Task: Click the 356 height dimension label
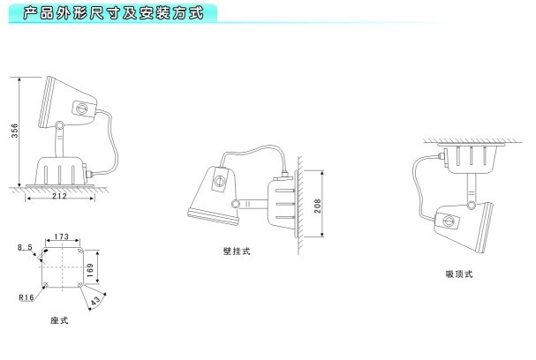coord(15,131)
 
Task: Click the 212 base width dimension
coord(59,195)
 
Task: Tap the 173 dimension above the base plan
coord(62,236)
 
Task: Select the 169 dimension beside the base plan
coord(90,270)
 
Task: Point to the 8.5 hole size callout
coord(25,247)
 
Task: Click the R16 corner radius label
coord(26,297)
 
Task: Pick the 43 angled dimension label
coord(95,301)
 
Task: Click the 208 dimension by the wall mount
coord(318,206)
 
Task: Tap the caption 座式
coord(59,320)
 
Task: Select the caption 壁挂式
coord(237,251)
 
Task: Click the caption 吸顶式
coord(459,274)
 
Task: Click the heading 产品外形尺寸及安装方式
coord(114,13)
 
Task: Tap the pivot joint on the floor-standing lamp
coord(59,125)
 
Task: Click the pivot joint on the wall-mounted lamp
coord(236,204)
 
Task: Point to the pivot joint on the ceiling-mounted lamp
coord(472,205)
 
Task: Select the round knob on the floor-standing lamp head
coord(81,109)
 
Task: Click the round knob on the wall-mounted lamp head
coord(219,180)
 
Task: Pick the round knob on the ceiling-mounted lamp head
coord(449,221)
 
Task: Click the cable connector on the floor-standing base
coord(88,175)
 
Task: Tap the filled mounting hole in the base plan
coord(45,251)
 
